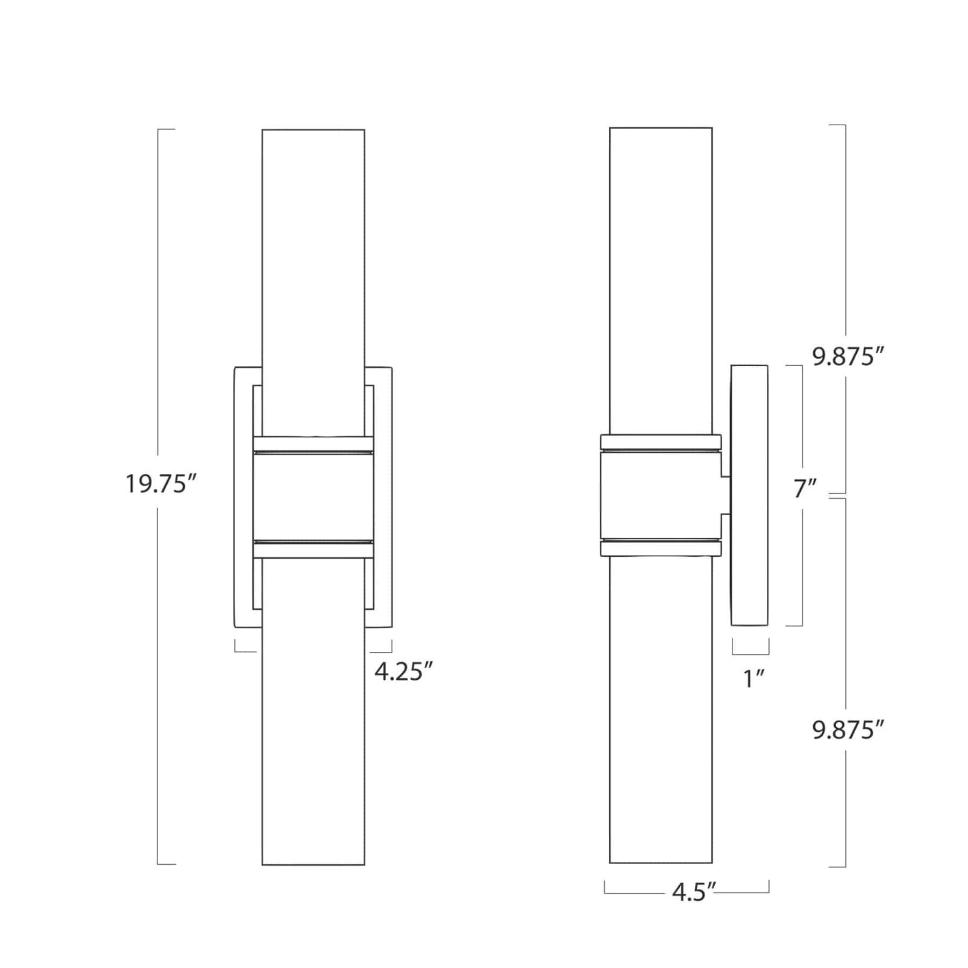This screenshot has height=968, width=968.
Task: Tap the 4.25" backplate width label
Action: (x=403, y=672)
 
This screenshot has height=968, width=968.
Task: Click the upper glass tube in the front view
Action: (x=313, y=269)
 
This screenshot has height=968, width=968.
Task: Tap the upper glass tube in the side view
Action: (x=660, y=269)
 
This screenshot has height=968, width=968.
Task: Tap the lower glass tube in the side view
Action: (x=660, y=726)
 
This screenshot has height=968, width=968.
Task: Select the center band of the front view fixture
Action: (x=313, y=496)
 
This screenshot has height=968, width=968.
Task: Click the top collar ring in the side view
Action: (x=660, y=442)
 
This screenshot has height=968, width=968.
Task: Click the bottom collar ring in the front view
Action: (x=313, y=551)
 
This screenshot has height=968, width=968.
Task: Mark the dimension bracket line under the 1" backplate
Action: (x=750, y=654)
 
